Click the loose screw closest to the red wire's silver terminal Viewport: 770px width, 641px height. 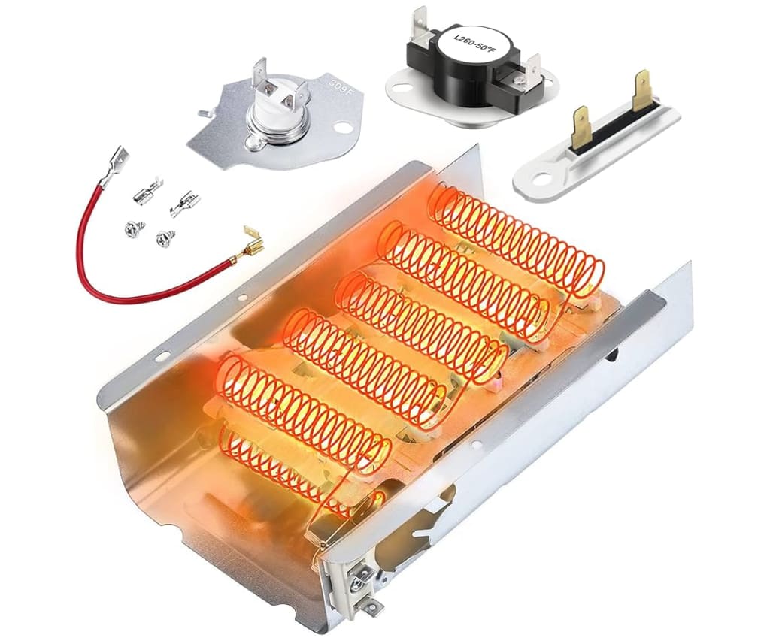coord(129,228)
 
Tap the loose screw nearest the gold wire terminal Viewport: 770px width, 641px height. coord(162,238)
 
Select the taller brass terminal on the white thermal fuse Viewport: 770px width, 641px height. coord(644,91)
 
